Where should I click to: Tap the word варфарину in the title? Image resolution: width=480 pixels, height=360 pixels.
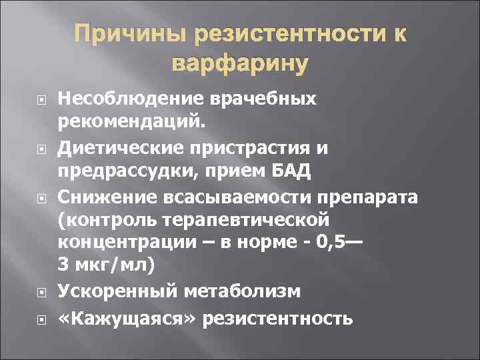point(240,64)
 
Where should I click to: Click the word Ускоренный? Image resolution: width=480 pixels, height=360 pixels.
point(109,290)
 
